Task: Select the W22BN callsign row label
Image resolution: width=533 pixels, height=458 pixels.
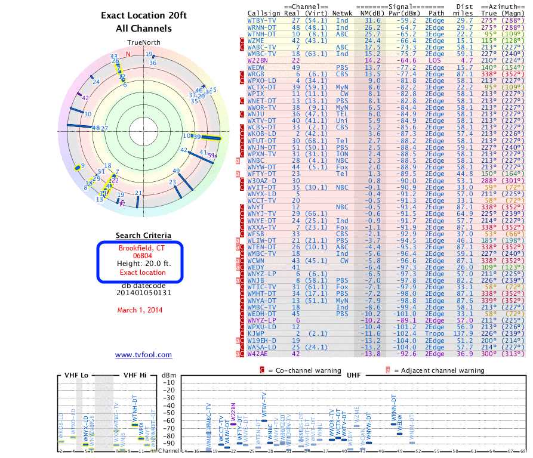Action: click(x=257, y=60)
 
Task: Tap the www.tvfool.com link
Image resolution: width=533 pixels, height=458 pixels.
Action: click(x=143, y=355)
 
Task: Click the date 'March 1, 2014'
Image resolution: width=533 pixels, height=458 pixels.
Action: click(x=140, y=310)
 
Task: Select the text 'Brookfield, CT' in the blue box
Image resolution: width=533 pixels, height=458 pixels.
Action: click(x=143, y=248)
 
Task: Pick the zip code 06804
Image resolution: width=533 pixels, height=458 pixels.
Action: click(x=143, y=256)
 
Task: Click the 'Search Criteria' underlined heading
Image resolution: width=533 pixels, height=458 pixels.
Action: click(x=143, y=236)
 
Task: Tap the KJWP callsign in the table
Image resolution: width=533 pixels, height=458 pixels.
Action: click(x=257, y=333)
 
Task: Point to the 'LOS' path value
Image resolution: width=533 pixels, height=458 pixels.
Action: click(x=435, y=60)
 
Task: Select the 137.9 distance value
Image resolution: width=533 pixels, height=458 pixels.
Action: click(x=464, y=333)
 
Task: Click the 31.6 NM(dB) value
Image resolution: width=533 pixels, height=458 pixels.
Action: click(x=372, y=20)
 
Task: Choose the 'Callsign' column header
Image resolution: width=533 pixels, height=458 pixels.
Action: click(x=263, y=12)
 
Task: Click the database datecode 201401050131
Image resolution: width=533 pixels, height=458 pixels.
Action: click(x=143, y=293)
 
